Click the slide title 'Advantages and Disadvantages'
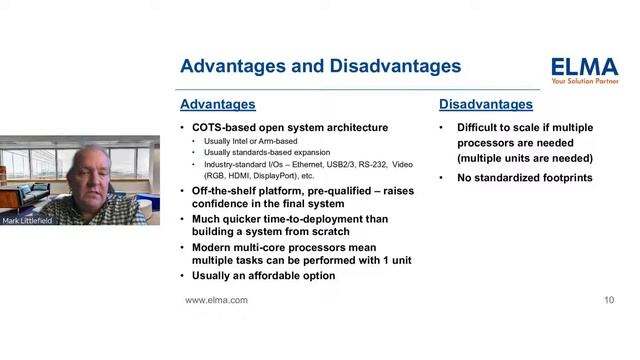tap(320, 67)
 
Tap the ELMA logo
tap(584, 67)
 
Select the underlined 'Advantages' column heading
tap(217, 104)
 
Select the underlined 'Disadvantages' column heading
tap(486, 104)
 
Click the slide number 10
tap(609, 300)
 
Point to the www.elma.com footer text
tap(216, 300)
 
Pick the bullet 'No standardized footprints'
tap(525, 178)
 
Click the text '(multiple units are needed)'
tap(525, 158)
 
